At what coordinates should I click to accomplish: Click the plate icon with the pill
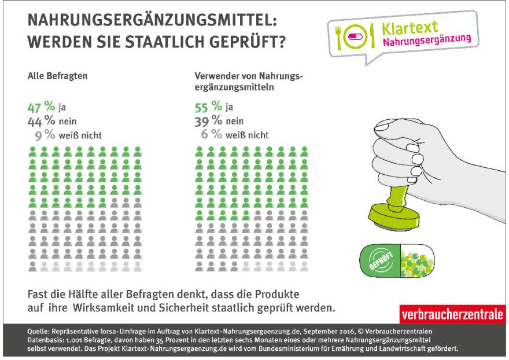[352, 36]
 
